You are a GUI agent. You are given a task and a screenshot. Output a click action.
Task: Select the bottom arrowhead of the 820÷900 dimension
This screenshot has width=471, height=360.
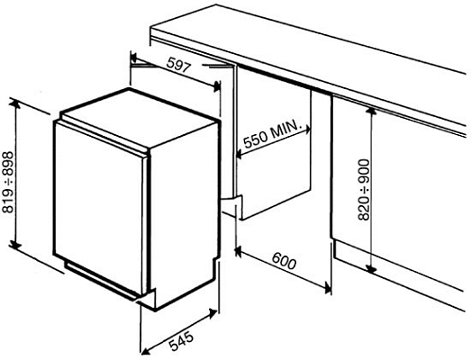pos(371,268)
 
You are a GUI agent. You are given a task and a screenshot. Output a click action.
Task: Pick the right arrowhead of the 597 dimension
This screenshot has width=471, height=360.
pos(218,86)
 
